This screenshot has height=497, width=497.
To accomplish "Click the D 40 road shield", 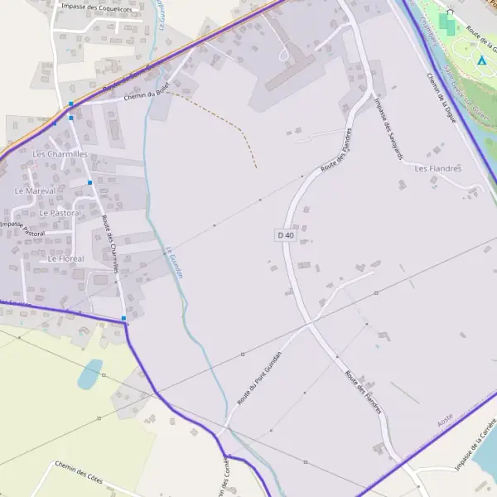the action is click(285, 235).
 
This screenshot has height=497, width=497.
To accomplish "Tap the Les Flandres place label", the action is click(437, 168).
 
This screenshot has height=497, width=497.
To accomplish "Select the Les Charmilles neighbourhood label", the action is click(60, 154).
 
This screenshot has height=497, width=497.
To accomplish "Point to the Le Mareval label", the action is click(35, 191).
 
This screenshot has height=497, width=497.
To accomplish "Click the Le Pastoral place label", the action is click(60, 213).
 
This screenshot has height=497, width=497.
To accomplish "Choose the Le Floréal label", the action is click(65, 258).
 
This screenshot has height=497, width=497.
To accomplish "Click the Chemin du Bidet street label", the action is click(145, 95).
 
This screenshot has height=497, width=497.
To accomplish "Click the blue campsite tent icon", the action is click(481, 60).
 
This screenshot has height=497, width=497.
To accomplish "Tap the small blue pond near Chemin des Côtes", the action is click(89, 374).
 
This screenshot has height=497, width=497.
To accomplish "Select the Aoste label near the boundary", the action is click(446, 423).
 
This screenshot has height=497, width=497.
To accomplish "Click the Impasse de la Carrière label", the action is click(475, 443).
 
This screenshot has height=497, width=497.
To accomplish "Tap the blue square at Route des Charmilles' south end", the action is click(123, 318).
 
